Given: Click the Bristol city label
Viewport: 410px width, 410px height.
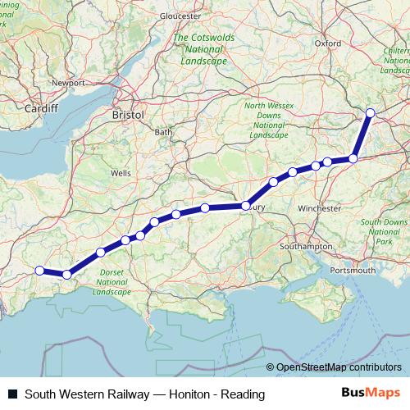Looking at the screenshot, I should [x=128, y=116].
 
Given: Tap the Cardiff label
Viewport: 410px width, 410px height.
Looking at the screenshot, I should [x=41, y=108].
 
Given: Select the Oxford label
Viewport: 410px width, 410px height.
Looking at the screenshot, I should [x=327, y=43].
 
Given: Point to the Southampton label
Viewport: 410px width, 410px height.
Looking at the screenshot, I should [x=306, y=246].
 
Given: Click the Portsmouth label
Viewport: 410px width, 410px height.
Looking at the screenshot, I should [x=352, y=270].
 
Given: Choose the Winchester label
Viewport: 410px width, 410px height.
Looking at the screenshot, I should [x=319, y=208].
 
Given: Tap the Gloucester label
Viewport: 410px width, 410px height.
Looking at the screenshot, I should [x=181, y=16].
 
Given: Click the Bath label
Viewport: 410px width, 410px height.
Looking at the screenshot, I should [x=164, y=132].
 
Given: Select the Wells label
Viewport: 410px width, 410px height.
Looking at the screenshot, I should [x=121, y=173].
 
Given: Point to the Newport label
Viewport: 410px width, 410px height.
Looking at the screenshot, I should [x=68, y=84].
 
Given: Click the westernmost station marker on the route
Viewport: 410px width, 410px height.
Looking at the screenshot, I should [x=39, y=271].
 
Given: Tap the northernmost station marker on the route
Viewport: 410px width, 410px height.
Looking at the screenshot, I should [x=370, y=112].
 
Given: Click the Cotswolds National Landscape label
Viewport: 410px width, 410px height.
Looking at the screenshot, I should [x=200, y=50].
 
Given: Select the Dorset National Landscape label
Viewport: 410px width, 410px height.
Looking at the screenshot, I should [x=112, y=282].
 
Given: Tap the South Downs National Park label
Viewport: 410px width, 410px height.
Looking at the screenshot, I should [x=383, y=232].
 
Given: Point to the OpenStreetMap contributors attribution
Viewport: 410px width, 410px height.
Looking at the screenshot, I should [x=339, y=367].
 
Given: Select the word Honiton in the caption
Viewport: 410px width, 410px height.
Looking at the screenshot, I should [x=189, y=394].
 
